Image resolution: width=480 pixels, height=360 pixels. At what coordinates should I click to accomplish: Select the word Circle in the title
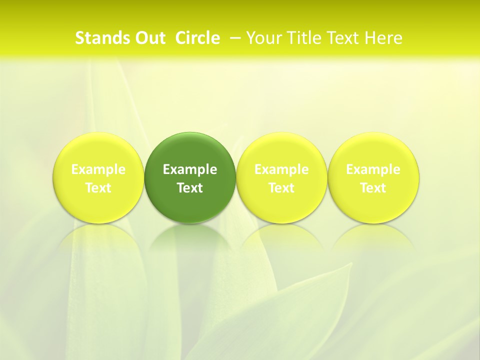(x=197, y=38)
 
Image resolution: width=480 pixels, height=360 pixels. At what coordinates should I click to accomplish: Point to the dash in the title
(x=234, y=38)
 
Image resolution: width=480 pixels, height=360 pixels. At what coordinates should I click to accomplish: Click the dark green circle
(x=190, y=150)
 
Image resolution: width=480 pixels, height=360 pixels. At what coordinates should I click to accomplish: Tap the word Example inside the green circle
(x=190, y=169)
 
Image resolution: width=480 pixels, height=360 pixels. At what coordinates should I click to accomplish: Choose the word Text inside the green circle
(x=190, y=188)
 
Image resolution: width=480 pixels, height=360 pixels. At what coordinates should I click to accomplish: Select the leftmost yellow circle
(x=98, y=150)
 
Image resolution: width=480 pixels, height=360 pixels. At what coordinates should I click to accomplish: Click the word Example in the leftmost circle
(x=98, y=169)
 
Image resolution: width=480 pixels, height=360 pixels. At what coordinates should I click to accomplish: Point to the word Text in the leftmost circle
(x=98, y=188)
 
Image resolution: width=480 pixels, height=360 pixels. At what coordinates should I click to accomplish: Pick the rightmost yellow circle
(x=373, y=150)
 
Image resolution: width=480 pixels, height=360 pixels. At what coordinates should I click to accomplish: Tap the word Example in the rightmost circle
(x=373, y=169)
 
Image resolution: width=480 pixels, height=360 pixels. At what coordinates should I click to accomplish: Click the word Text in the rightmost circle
(x=373, y=188)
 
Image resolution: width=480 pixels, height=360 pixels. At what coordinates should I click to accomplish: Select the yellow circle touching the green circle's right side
(x=281, y=150)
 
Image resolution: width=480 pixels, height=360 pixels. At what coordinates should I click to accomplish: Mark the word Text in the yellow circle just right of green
(x=281, y=188)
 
